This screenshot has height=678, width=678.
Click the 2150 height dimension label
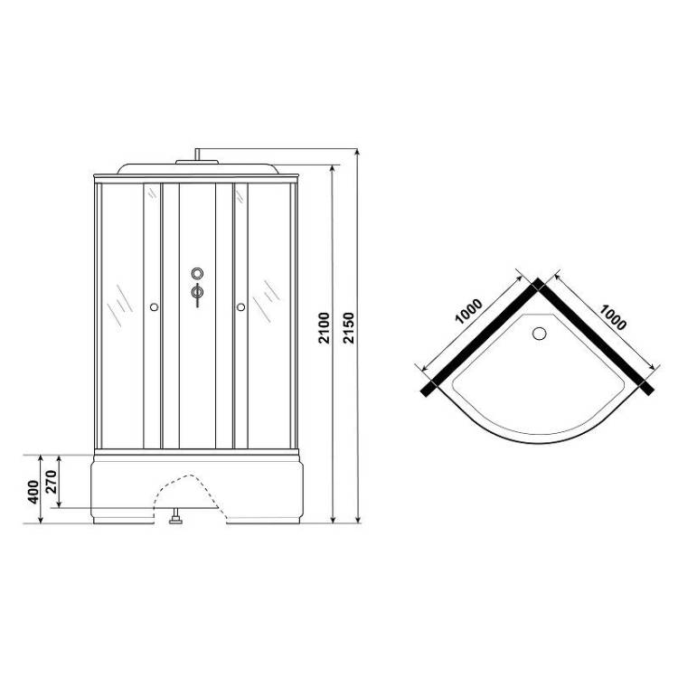click(x=349, y=328)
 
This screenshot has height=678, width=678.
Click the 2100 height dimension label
click(x=324, y=328)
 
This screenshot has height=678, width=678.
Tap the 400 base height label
click(x=33, y=492)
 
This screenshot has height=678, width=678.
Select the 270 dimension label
click(x=51, y=481)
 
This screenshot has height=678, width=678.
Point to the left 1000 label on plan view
click(x=468, y=311)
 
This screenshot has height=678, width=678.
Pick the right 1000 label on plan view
click(x=612, y=317)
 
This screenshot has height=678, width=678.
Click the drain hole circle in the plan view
click(x=539, y=334)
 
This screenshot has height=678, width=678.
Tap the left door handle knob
click(x=154, y=307)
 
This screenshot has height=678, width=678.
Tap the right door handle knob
click(x=240, y=307)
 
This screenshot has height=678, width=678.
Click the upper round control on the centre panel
click(x=197, y=273)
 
